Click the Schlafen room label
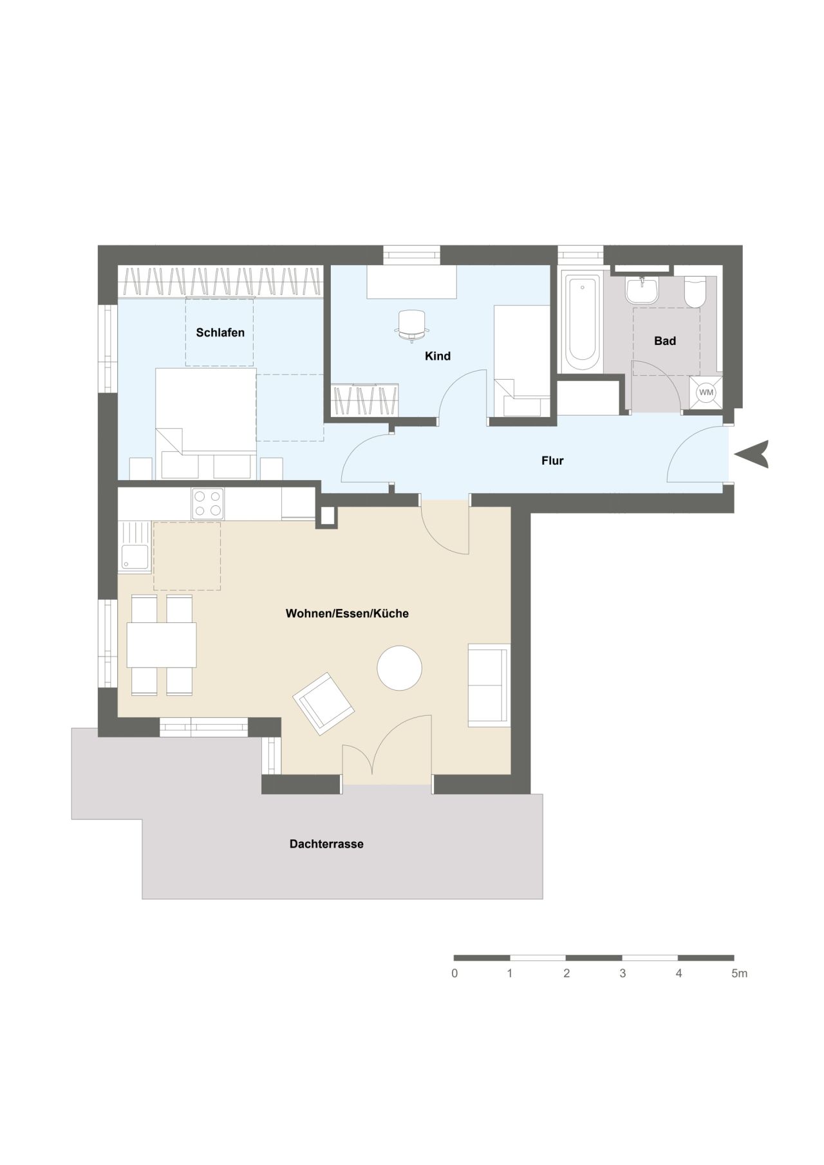[x=220, y=333]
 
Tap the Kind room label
[x=437, y=356]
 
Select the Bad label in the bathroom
[x=664, y=341]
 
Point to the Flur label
[x=552, y=461]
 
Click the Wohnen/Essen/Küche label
[x=347, y=613]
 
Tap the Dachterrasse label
[x=326, y=844]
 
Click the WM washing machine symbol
[x=706, y=392]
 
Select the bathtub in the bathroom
[x=581, y=321]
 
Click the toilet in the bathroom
[x=695, y=293]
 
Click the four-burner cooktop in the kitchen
[x=207, y=504]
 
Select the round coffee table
[x=399, y=668]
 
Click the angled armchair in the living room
[x=324, y=704]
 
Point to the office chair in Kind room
[x=412, y=324]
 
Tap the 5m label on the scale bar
[x=739, y=974]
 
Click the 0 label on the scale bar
[x=454, y=974]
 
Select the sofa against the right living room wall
[x=489, y=685]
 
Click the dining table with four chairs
[x=162, y=645]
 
